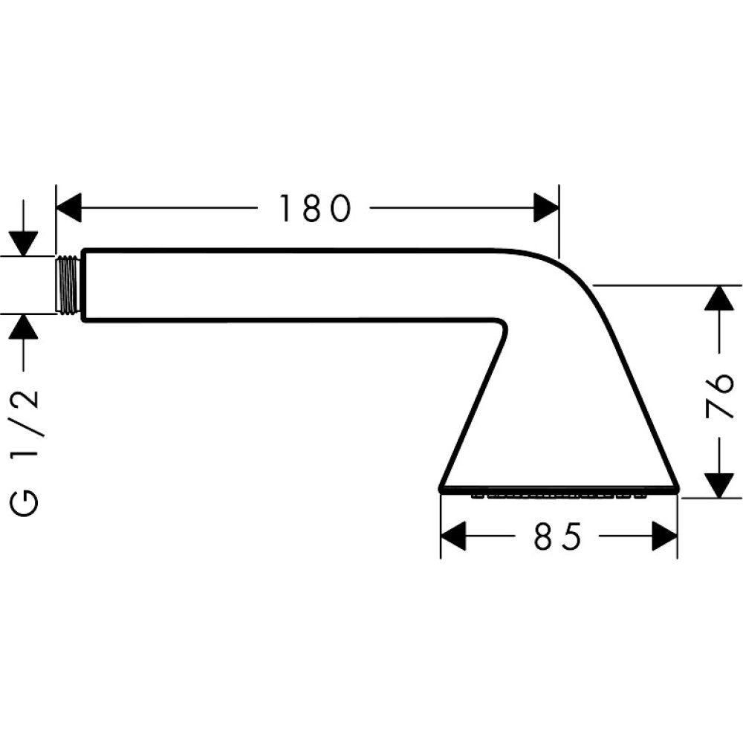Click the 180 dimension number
pyautogui.click(x=314, y=208)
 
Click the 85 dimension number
pyautogui.click(x=557, y=536)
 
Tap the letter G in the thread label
pyautogui.click(x=26, y=503)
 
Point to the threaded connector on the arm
pyautogui.click(x=68, y=285)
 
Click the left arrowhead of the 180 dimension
pyautogui.click(x=69, y=207)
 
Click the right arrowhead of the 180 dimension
pyautogui.click(x=546, y=207)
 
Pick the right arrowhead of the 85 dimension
pyautogui.click(x=665, y=536)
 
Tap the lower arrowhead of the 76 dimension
pyautogui.click(x=718, y=485)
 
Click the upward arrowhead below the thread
pyautogui.click(x=25, y=326)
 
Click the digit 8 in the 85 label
pyautogui.click(x=545, y=536)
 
